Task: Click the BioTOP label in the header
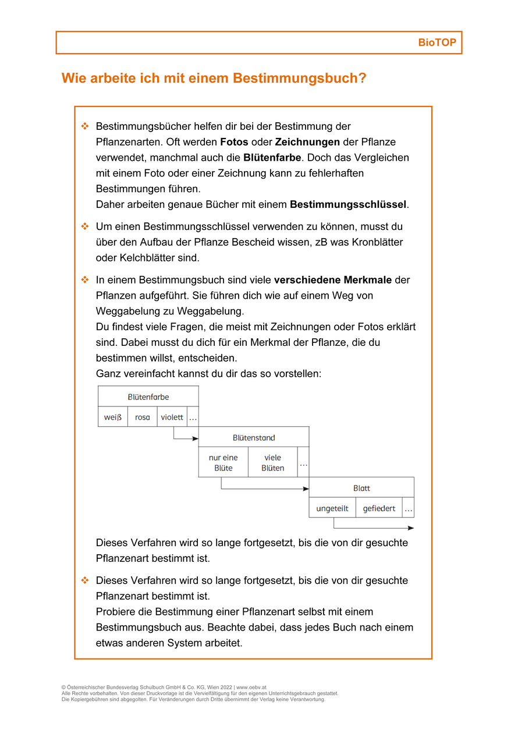437,43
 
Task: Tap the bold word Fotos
234,142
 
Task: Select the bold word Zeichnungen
307,142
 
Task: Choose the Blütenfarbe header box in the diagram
148,396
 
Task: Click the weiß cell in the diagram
113,417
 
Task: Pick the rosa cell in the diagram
143,417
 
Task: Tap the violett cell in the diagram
172,417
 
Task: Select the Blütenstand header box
254,437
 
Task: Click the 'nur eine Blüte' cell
223,463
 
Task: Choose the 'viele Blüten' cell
272,463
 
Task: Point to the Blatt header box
361,488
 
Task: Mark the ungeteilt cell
332,508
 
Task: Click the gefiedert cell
379,508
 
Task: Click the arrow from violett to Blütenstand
185,438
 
